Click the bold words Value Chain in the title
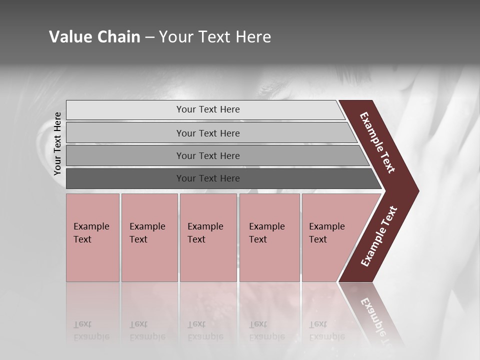click(x=94, y=37)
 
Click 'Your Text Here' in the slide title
click(x=215, y=37)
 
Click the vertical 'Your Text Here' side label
click(x=57, y=143)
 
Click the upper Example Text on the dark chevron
click(x=377, y=142)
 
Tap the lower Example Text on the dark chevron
click(x=379, y=236)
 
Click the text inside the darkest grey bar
click(x=208, y=178)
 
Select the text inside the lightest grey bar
click(x=208, y=109)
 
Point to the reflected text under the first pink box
click(x=91, y=330)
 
